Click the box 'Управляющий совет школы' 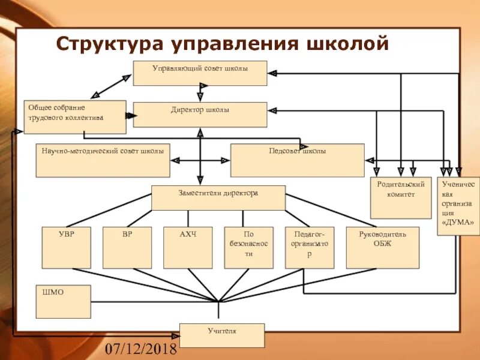(200, 73)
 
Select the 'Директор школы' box (200, 114)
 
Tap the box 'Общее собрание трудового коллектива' (76, 116)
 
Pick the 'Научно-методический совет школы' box (103, 160)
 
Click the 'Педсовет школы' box (298, 160)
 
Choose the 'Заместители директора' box (218, 197)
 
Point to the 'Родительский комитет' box (401, 198)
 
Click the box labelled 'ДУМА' (458, 205)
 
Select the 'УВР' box (67, 247)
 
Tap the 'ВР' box (127, 247)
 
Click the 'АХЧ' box (188, 247)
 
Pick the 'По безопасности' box (249, 247)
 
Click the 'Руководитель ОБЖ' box (382, 247)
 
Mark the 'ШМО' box (63, 301)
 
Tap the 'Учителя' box (222, 335)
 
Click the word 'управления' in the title (232, 44)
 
